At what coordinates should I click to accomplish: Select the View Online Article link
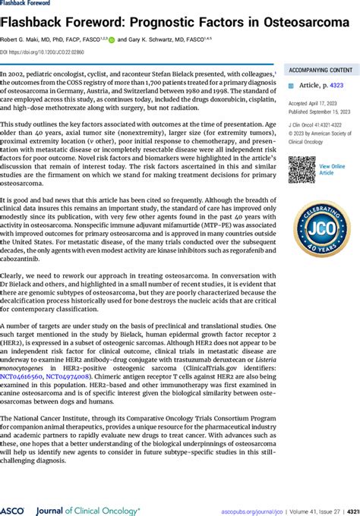click(331, 169)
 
